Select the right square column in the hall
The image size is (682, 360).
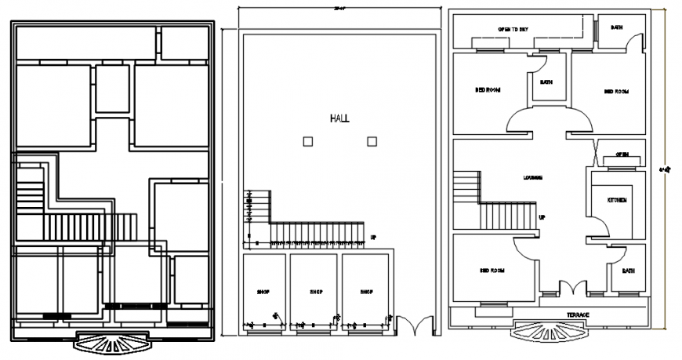[372, 141]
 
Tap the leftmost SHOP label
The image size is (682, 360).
[263, 292]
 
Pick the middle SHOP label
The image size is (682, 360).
[315, 292]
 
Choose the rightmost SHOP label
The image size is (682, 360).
[366, 292]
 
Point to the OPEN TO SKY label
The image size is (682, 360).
[513, 29]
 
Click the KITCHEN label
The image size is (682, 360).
[617, 201]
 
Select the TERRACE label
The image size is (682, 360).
[578, 315]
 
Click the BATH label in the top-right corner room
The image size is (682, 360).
[617, 27]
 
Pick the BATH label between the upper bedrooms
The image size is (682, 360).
[546, 82]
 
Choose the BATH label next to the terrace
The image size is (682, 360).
[628, 271]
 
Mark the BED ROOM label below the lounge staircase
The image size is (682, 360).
[491, 271]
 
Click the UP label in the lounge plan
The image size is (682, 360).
[542, 216]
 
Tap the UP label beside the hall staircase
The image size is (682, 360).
[373, 237]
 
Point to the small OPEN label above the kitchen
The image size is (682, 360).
[622, 154]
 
